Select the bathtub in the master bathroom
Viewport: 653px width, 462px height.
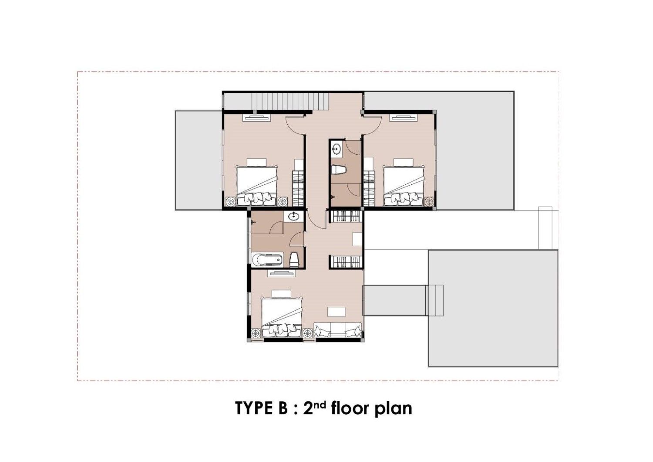[x=267, y=260]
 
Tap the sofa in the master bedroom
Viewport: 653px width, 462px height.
[x=338, y=330]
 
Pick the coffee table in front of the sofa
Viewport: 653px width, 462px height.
[x=337, y=312]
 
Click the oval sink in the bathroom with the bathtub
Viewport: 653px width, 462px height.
[x=293, y=217]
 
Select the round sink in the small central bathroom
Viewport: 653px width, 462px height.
[x=337, y=149]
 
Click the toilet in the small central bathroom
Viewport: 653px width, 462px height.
[x=338, y=170]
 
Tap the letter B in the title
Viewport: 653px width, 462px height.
[x=283, y=408]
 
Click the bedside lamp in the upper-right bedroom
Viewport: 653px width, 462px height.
[x=429, y=201]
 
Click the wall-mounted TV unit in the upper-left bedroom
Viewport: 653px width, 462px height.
[x=257, y=118]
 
